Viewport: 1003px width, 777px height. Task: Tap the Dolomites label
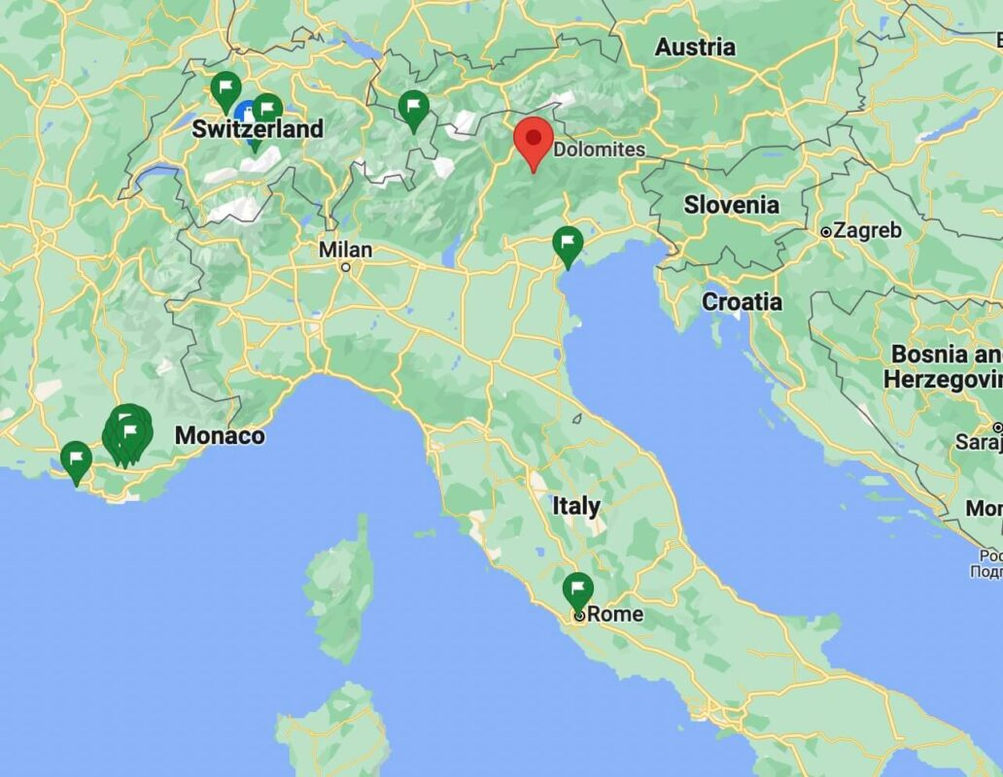click(x=599, y=150)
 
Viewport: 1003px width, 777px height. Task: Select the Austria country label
click(x=695, y=47)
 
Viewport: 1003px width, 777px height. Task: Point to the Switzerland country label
click(x=258, y=129)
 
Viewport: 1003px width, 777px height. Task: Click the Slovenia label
click(x=731, y=205)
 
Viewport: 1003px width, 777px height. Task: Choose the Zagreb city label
click(x=867, y=231)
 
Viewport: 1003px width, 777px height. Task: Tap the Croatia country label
click(x=742, y=302)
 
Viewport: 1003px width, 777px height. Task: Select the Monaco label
click(x=220, y=436)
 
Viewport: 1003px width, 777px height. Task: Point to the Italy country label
click(x=576, y=506)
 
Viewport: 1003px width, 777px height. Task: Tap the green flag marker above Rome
click(x=578, y=590)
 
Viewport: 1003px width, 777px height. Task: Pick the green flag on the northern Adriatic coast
click(x=568, y=243)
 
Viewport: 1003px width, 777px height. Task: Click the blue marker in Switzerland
click(x=246, y=114)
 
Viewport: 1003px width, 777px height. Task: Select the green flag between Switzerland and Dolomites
click(x=414, y=107)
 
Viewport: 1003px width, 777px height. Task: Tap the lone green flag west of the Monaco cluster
click(x=76, y=458)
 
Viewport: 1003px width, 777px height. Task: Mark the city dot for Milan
click(x=345, y=266)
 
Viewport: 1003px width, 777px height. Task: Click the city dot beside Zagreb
click(x=825, y=232)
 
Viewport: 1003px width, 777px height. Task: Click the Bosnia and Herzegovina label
click(x=943, y=366)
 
